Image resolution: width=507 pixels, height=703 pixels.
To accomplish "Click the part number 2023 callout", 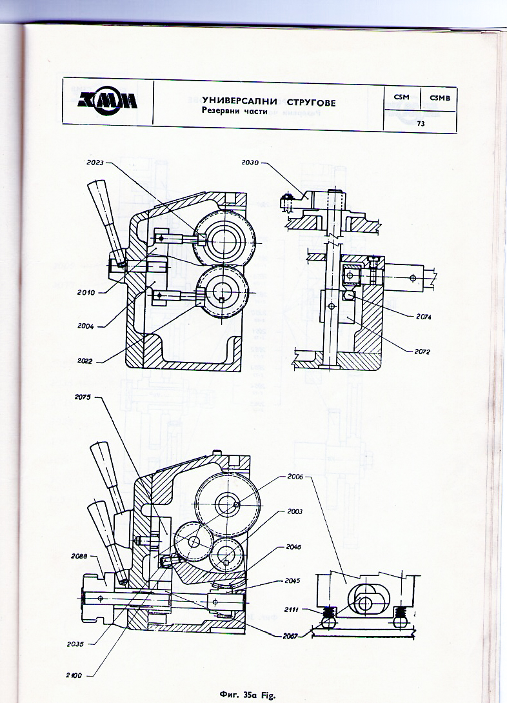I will coord(94,163).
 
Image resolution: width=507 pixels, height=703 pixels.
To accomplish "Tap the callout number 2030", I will coord(250,163).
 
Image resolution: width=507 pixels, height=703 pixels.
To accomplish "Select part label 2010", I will coord(84,292).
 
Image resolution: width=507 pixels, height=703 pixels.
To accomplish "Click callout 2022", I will coord(85,361).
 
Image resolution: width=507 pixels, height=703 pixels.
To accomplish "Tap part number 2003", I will coord(294,511).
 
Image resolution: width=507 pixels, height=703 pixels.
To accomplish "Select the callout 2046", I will coord(293,547).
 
